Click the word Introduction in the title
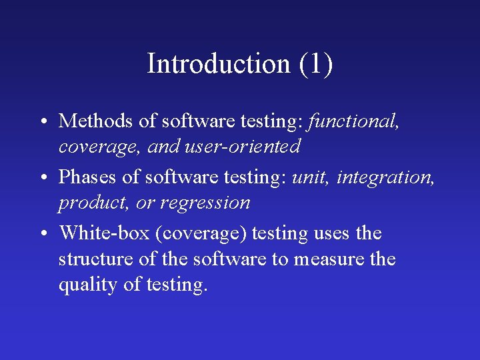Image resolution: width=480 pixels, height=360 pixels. coord(218,64)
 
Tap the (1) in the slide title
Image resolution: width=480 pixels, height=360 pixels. coord(315,64)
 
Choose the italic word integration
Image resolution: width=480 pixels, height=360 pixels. coord(386,177)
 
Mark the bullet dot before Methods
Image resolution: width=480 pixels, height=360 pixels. coord(42,122)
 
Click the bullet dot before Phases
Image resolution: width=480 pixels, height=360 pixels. coord(42,178)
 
